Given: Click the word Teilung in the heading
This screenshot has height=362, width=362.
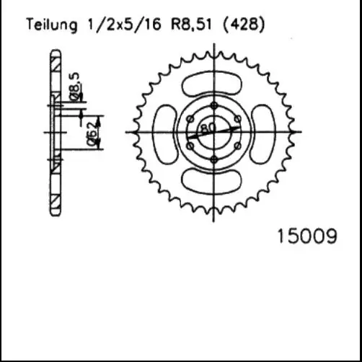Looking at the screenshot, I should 51,25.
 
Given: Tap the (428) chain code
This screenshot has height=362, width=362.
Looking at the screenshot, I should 244,25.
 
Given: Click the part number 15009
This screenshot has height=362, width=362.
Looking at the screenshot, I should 306,237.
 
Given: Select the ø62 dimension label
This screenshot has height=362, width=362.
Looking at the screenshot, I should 92,133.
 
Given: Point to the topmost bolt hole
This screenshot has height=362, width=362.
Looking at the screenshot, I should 214,106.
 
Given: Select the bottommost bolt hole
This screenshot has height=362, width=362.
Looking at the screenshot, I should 214,159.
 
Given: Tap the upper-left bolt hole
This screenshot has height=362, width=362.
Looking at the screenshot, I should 190,119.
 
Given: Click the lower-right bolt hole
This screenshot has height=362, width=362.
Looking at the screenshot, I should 237,146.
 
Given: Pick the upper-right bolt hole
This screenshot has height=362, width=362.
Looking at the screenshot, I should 237,119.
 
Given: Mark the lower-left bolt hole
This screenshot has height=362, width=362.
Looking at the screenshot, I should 190,146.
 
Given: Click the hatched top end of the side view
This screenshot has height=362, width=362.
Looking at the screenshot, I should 56,61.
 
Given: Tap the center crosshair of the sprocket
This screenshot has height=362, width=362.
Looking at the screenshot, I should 214,132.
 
